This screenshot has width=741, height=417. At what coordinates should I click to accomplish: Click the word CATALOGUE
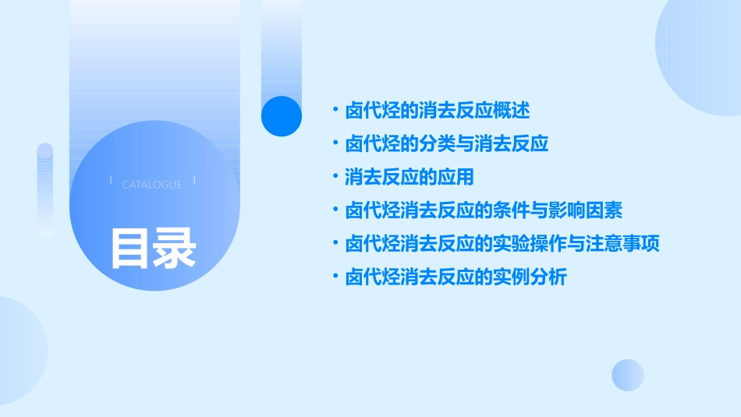pos(152,185)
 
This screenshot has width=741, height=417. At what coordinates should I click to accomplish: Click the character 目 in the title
pos(130,248)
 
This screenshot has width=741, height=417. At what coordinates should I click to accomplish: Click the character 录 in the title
pos(175,248)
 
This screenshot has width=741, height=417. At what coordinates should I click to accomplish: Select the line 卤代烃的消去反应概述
pos(437,111)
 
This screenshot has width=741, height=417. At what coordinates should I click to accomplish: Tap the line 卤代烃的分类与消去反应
pos(447,144)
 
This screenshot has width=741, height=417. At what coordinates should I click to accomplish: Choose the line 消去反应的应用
pos(409,177)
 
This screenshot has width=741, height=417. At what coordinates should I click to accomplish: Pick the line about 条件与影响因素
pos(484,210)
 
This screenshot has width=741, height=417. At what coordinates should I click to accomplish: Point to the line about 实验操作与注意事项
pos(502,244)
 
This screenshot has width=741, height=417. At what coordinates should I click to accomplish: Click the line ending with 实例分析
pos(456,277)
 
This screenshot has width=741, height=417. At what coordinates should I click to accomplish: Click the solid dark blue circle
pos(281,115)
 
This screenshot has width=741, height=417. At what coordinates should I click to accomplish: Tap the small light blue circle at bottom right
pos(628,375)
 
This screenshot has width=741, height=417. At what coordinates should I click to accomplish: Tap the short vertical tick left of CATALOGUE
pos(111,181)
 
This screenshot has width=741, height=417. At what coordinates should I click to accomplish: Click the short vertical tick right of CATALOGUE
pos(193,181)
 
